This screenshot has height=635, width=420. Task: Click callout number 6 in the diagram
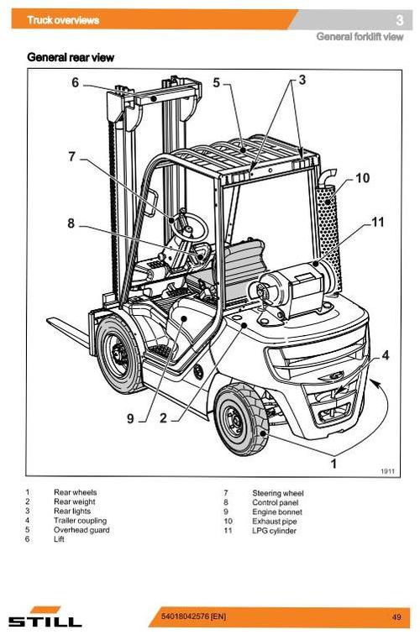(x=75, y=82)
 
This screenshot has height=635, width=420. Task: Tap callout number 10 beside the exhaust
(x=362, y=178)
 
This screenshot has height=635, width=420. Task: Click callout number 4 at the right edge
(x=385, y=355)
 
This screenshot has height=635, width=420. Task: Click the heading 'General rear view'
(x=71, y=57)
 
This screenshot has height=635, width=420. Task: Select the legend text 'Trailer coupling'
(x=80, y=521)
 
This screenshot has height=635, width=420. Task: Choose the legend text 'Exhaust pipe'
(x=273, y=521)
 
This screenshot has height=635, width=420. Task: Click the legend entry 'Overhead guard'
(x=81, y=530)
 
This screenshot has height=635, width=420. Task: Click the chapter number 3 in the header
(x=399, y=20)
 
